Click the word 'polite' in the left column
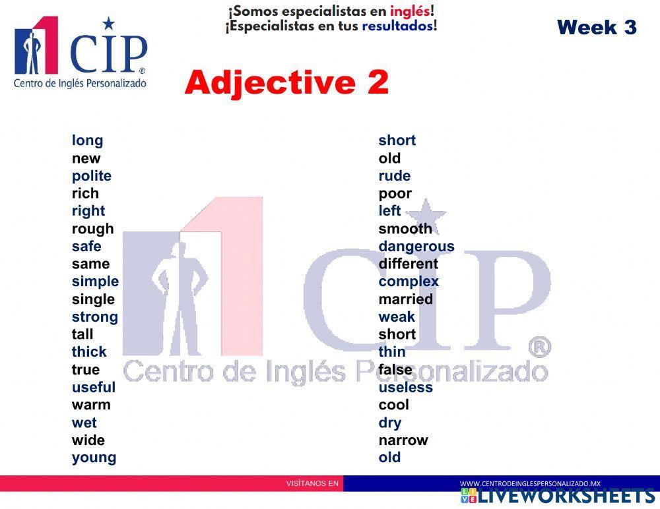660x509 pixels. [92, 176]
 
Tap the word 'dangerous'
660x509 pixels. [416, 247]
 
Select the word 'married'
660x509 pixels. [406, 299]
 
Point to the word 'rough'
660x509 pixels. [92, 229]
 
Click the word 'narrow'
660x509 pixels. [403, 440]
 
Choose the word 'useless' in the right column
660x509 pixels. [406, 388]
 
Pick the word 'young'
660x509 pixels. [94, 458]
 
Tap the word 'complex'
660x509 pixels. [409, 282]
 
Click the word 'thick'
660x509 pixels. [89, 352]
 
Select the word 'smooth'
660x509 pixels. [405, 229]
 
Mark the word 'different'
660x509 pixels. [409, 264]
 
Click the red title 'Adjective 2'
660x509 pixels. [286, 83]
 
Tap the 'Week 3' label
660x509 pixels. [597, 27]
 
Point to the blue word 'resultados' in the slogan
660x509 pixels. [397, 26]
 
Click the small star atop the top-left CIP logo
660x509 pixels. [108, 24]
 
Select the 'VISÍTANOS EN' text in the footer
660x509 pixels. [312, 483]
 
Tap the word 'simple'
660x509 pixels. [95, 282]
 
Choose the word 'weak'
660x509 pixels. [397, 317]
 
